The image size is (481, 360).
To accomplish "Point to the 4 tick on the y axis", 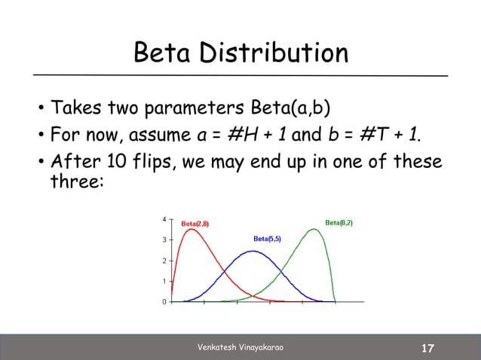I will tap(164, 219).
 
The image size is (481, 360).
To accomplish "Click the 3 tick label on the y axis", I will tap(164, 240).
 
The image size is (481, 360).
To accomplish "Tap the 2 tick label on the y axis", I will tap(164, 261).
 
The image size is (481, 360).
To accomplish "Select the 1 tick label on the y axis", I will tap(164, 281).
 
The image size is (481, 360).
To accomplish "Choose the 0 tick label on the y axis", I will tap(164, 302).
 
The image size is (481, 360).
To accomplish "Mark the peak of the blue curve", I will tap(253, 251).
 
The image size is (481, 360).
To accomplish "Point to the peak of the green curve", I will tap(314, 229).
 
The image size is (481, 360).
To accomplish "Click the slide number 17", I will tap(427, 348).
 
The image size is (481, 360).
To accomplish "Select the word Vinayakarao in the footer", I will tap(265, 347).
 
